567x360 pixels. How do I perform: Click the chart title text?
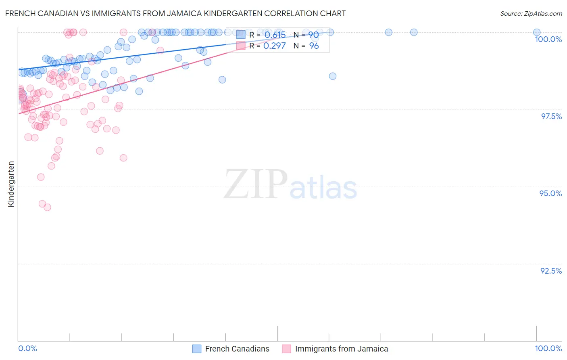coord(175,13)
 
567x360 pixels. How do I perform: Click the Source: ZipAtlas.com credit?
coord(531,13)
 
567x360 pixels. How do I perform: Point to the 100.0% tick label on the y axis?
coord(548,39)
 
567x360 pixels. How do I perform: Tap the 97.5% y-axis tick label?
coord(551,116)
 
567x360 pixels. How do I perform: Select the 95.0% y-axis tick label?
coord(550,193)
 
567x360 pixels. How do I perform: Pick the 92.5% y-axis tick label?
coord(551,271)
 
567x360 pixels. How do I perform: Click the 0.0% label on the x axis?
coord(27,348)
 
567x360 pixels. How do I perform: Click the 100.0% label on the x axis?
coord(548,348)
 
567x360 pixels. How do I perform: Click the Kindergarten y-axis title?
coord(11,184)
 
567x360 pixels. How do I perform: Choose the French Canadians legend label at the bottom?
coord(237,349)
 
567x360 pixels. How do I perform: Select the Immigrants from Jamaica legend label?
coord(341,349)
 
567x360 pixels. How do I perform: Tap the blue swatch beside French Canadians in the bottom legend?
coord(197,349)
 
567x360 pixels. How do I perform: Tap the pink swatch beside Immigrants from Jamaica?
coord(286,349)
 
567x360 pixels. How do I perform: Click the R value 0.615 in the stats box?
coord(275,35)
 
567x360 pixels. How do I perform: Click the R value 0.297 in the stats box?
coord(274,46)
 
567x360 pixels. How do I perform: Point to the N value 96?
coord(314,46)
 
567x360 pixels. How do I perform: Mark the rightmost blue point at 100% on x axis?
coord(537,32)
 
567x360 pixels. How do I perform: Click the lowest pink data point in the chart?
coord(47,207)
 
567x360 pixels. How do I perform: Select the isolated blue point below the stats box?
coord(333,76)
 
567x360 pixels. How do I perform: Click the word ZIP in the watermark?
coord(256,184)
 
